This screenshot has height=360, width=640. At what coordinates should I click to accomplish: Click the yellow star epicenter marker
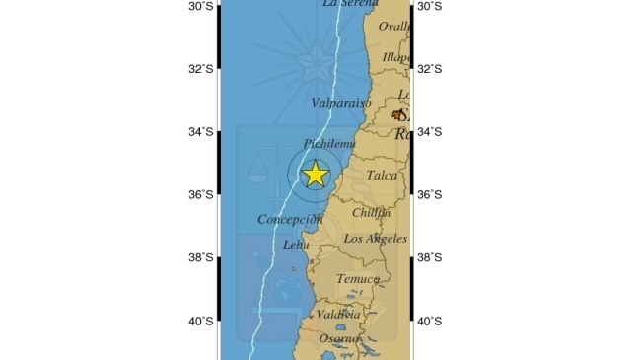point(315,175)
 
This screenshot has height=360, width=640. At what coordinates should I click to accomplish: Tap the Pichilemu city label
point(329,144)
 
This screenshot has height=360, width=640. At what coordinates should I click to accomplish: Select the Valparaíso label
point(341,103)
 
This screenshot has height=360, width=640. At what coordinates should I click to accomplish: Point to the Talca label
point(382,176)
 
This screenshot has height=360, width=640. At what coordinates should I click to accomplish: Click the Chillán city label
point(371,212)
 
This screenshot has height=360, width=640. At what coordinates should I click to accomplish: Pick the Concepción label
point(291,219)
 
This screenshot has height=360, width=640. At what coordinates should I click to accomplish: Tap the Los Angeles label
point(375,239)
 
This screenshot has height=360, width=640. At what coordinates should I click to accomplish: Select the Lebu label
point(295,245)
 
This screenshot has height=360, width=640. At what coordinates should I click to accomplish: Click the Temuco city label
point(357,279)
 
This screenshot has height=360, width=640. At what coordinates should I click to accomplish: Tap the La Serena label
point(349,4)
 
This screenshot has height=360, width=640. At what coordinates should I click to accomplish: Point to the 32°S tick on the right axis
point(430,69)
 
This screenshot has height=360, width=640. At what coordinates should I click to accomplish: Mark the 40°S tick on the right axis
point(430,322)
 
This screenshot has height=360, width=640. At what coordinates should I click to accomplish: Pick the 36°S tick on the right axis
point(430,195)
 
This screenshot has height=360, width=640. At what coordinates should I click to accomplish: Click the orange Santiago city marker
point(397,114)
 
